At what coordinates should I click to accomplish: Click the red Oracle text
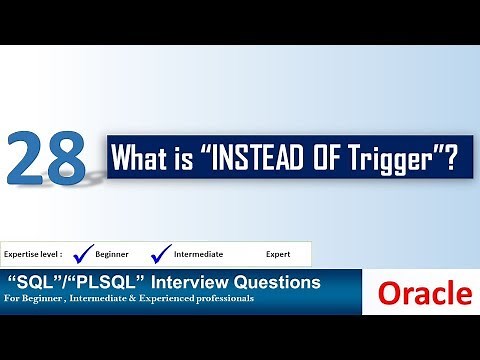tap(425, 293)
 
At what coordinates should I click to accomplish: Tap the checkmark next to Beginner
tap(85, 252)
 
